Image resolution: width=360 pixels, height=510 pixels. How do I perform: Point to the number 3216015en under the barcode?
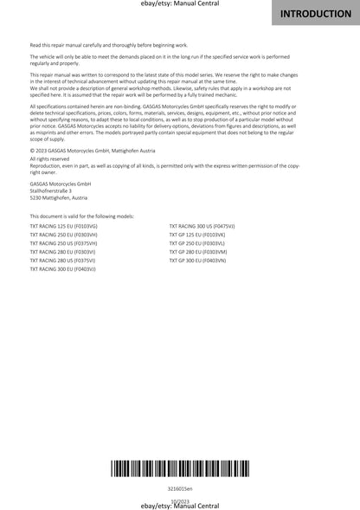tap(180, 488)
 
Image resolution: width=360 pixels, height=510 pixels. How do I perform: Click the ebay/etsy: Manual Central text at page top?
tap(179, 4)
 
